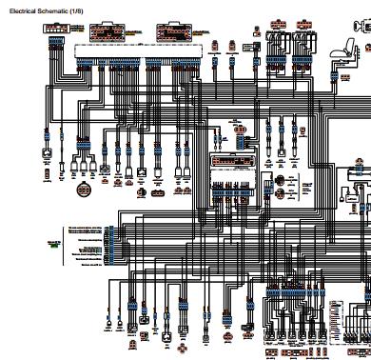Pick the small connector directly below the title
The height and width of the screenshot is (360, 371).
(54, 28)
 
